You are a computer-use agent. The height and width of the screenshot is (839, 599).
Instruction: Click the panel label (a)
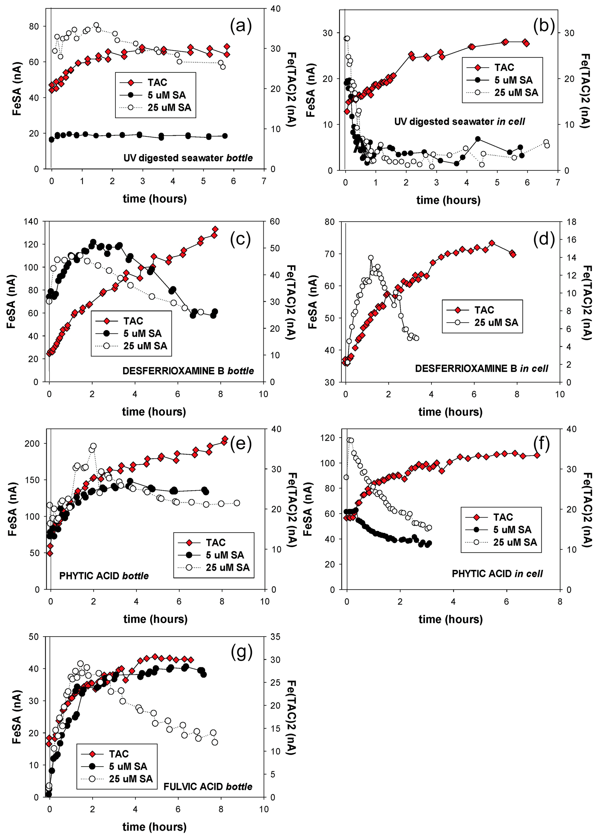[241, 26]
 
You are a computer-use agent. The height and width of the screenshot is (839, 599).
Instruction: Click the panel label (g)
[241, 652]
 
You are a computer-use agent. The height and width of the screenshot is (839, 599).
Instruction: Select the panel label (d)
[544, 239]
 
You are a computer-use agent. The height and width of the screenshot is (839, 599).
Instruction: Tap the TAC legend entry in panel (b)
[504, 67]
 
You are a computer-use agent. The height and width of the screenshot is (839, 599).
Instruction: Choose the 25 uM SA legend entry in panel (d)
[496, 323]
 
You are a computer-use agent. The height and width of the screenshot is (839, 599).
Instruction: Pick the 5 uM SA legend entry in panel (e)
[225, 555]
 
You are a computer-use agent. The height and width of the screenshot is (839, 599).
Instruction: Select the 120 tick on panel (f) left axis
[328, 438]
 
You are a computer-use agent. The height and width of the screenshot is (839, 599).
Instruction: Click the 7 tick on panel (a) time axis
[264, 181]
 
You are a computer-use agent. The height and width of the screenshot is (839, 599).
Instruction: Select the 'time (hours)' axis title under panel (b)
[448, 200]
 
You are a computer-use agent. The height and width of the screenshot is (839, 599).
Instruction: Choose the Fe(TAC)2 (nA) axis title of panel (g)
[291, 717]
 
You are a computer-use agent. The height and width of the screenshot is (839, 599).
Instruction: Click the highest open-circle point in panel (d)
[371, 258]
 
